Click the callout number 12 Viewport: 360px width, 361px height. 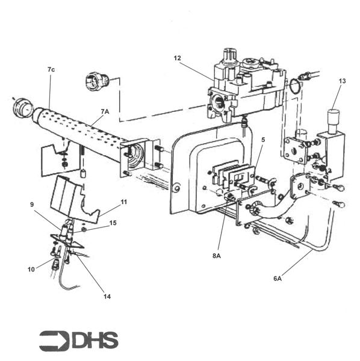(177, 58)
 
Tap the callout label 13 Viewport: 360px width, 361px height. (343, 81)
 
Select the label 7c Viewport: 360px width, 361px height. (51, 70)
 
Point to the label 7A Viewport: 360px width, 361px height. (105, 112)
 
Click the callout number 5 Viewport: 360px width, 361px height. (263, 140)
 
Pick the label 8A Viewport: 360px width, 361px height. (217, 256)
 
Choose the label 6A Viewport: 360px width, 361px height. (278, 279)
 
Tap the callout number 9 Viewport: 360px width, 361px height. (32, 205)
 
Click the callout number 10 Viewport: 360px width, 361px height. (31, 270)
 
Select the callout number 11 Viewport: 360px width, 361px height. (124, 202)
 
